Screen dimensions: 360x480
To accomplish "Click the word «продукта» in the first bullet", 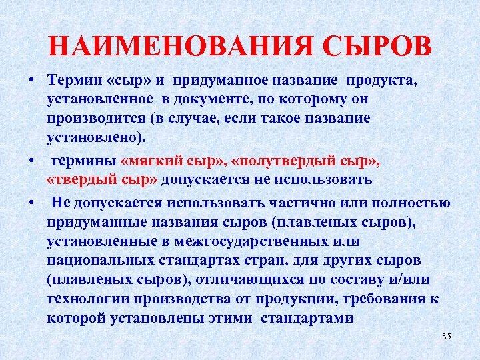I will pyautogui.click(x=399, y=81).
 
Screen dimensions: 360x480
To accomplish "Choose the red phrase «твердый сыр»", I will pyautogui.click(x=102, y=180).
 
